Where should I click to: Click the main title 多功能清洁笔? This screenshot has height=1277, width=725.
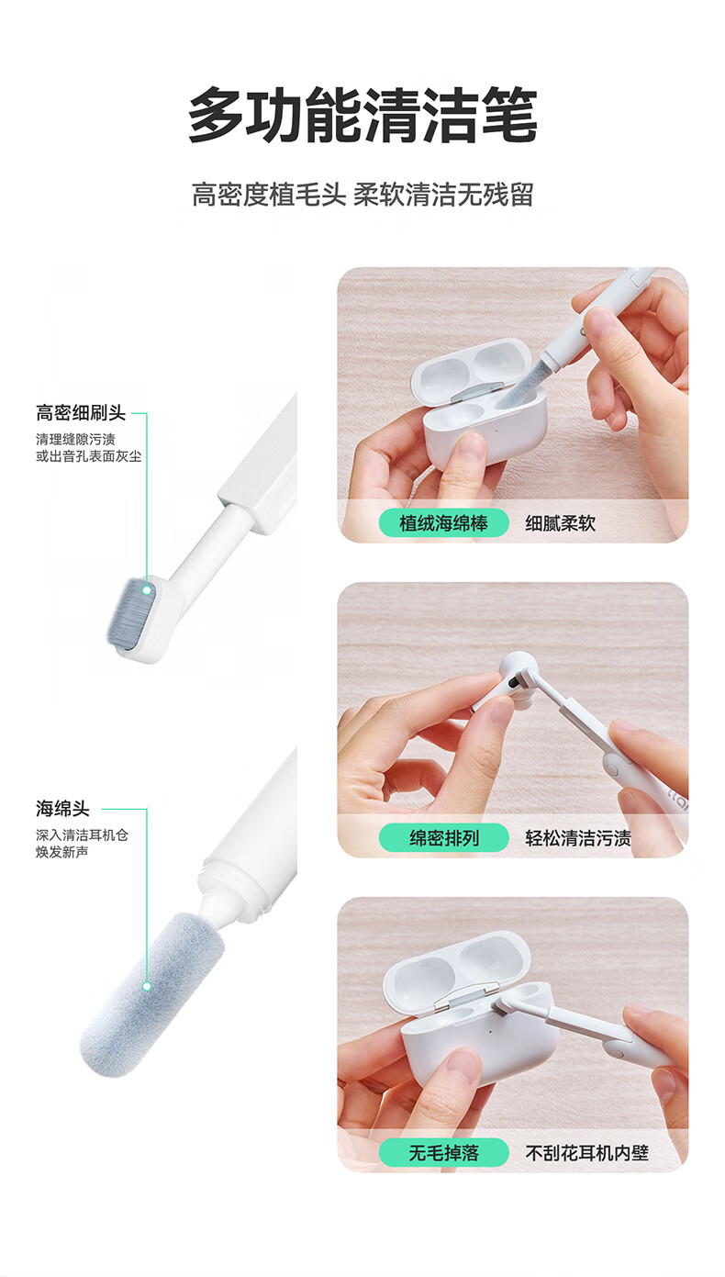362,115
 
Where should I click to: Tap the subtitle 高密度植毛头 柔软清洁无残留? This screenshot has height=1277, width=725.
362,195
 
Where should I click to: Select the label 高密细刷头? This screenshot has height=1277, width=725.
81,412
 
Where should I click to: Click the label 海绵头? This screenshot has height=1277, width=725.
62,808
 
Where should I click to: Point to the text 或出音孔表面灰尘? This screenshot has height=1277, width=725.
88,456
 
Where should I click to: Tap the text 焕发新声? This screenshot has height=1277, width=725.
62,852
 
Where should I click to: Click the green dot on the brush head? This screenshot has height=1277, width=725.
147,590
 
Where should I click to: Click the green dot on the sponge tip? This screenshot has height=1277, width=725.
147,986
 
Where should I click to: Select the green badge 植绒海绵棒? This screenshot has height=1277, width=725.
443,522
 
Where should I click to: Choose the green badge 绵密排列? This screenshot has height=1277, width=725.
443,837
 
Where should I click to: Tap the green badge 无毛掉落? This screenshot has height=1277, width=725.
443,1153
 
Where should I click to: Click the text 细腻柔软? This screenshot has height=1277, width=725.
561,522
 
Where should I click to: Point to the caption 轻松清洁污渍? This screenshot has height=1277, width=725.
578,837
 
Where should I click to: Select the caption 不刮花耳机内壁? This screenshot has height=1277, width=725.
586,1153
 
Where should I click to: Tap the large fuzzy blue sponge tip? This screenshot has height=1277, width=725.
151,993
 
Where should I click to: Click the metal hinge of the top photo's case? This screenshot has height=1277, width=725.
477,390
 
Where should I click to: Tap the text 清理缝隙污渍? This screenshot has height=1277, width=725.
75,439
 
